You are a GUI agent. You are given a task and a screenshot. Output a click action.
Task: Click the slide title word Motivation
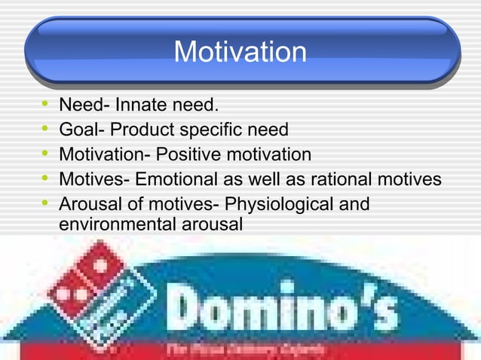240,53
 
